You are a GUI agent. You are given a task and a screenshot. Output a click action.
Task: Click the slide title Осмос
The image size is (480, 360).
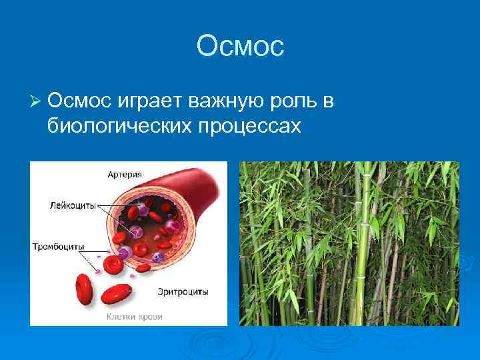pyautogui.click(x=240, y=46)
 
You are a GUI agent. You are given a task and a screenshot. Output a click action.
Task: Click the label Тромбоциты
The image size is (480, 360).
pyautogui.click(x=59, y=247)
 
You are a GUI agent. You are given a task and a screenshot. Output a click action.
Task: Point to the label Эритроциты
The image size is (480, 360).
pyautogui.click(x=184, y=291)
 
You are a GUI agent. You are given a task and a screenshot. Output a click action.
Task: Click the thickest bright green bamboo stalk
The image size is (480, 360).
pyautogui.click(x=366, y=253)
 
